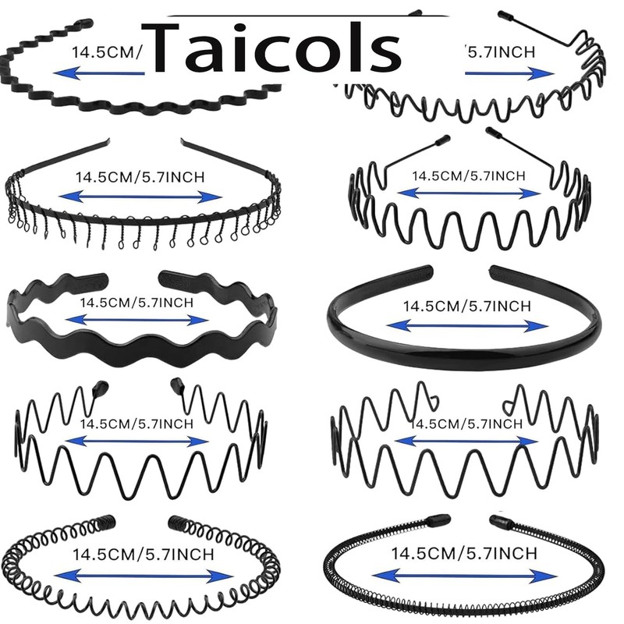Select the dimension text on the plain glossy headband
(465, 307)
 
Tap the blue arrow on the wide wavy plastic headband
(137, 320)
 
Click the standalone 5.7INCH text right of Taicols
(500, 52)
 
